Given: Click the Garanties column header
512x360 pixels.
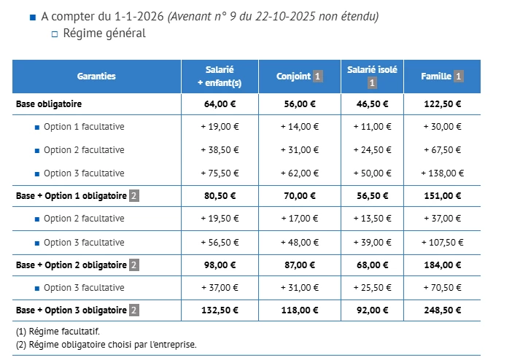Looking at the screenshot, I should (x=96, y=77).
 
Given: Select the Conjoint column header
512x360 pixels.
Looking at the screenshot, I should (x=294, y=77).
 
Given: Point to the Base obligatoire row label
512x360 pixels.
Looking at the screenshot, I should (x=49, y=103).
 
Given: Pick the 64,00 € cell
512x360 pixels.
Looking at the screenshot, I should (x=220, y=103).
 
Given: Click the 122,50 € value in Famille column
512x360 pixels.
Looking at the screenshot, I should (x=442, y=103).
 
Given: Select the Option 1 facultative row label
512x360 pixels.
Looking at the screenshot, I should (x=83, y=127).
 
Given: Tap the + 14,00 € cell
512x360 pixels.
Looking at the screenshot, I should (x=299, y=127).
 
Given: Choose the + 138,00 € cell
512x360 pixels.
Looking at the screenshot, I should (x=442, y=173).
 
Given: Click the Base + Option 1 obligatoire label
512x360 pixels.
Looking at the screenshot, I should (x=71, y=195).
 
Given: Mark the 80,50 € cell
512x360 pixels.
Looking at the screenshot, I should (x=220, y=195).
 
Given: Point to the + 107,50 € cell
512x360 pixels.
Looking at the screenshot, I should (x=442, y=243).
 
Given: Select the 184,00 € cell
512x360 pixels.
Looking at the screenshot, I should (x=442, y=265).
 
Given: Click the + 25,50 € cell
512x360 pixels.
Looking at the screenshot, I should (x=372, y=288).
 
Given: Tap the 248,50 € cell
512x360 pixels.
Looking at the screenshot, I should (x=442, y=310).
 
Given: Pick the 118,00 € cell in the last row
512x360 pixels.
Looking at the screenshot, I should (x=299, y=310).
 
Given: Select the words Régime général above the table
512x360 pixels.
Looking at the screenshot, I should (x=104, y=33).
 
